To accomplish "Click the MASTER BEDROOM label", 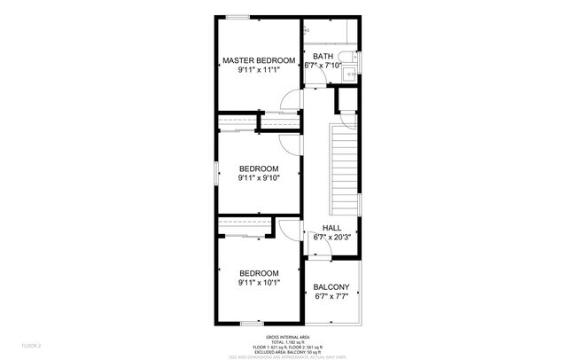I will (x=258, y=60).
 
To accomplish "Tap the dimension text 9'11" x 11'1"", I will (x=258, y=70).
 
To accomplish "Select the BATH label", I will (x=323, y=57).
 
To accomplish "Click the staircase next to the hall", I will (x=344, y=165).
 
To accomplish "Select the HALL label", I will (x=331, y=228).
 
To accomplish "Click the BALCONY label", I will (x=331, y=286).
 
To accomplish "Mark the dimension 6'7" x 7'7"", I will (x=331, y=296).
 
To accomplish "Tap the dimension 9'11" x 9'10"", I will (x=258, y=178).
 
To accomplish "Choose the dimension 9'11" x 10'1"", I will (x=258, y=283).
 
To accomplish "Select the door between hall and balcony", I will (x=321, y=252).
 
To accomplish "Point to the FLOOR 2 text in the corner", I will (x=32, y=345).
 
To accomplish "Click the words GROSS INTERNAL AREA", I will (x=289, y=337).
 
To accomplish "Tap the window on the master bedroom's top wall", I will (x=237, y=16).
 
